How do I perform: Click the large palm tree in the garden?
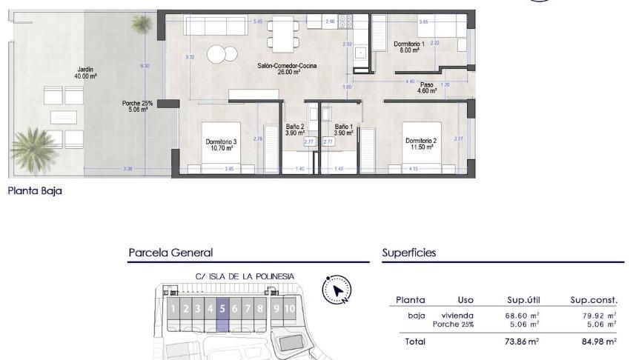[x=33, y=147]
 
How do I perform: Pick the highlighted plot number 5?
[x=222, y=309]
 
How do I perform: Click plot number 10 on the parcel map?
[x=289, y=309]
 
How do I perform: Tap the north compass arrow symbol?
[x=337, y=291]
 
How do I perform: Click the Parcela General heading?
[x=170, y=253]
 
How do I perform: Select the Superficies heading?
[x=408, y=253]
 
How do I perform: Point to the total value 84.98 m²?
[x=600, y=341]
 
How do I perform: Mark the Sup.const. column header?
[x=593, y=300]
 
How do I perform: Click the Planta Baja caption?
[x=35, y=191]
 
